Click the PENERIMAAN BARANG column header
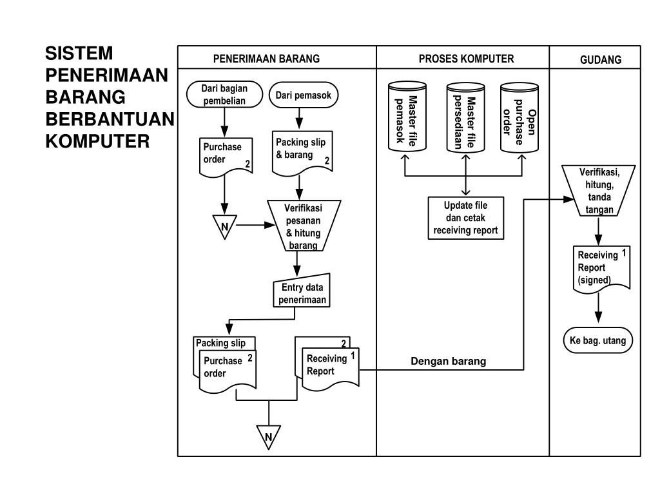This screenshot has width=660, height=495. pyautogui.click(x=267, y=59)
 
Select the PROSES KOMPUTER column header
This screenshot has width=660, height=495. pyautogui.click(x=466, y=59)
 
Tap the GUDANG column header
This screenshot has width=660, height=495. pyautogui.click(x=600, y=59)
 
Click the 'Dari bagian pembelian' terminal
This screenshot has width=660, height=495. pyautogui.click(x=224, y=94)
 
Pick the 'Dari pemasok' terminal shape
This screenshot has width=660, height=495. pyautogui.click(x=303, y=96)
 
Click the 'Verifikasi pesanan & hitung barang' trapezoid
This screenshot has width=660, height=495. pyautogui.click(x=304, y=226)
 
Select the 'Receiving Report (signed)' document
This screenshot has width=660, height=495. pyautogui.click(x=601, y=267)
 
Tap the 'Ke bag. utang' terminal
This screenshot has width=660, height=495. pyautogui.click(x=598, y=341)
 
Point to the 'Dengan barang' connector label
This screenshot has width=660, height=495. pyautogui.click(x=449, y=362)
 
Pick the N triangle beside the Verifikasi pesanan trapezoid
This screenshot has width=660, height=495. pyautogui.click(x=224, y=227)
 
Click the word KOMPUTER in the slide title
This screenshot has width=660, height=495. pyautogui.click(x=97, y=141)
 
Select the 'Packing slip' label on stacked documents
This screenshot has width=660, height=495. pyautogui.click(x=221, y=343)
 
